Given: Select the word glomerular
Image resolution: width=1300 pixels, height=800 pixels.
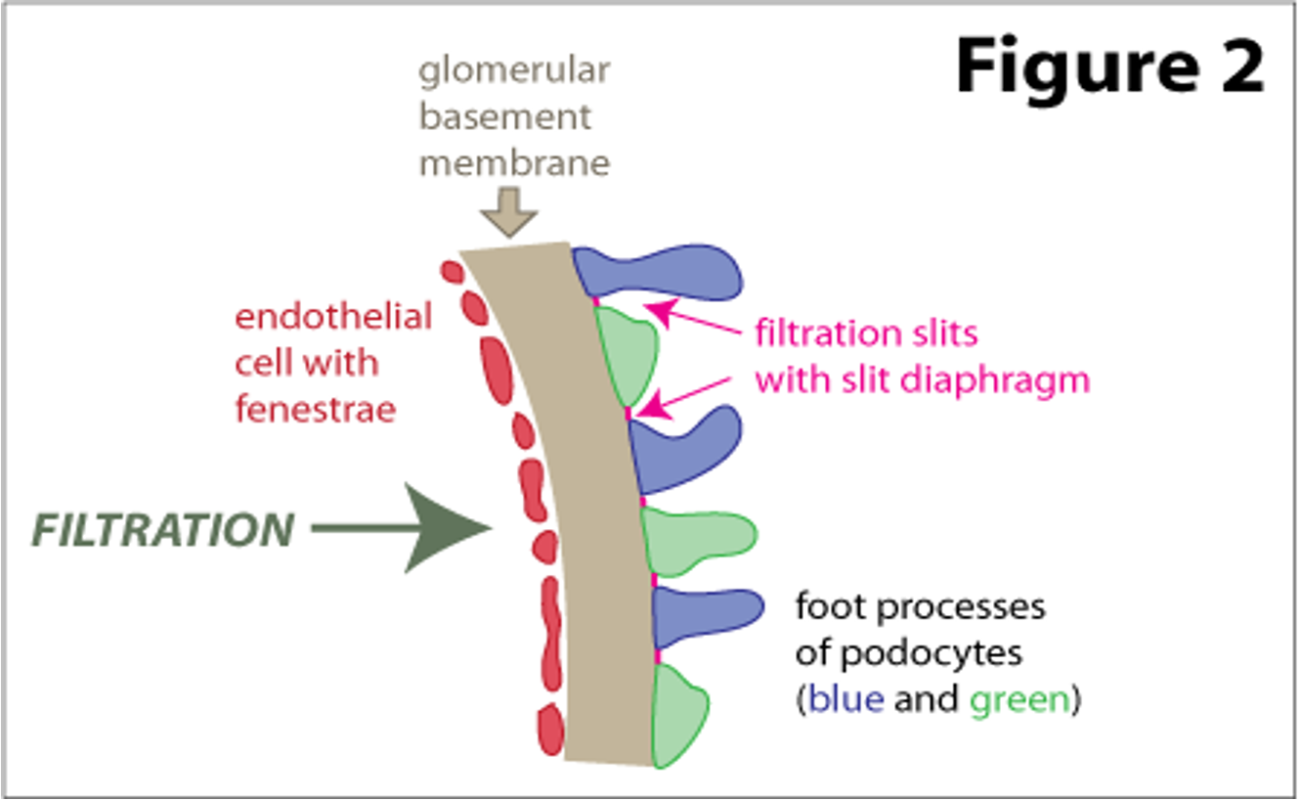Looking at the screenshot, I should pos(514,71).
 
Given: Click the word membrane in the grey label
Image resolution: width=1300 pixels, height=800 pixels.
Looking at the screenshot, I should pos(514,161).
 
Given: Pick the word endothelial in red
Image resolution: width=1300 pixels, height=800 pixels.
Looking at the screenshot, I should pos(333,317).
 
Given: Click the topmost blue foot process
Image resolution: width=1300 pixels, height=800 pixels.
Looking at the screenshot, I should pos(665,271).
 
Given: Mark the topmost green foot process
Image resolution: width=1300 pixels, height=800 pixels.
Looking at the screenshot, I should pos(627,354).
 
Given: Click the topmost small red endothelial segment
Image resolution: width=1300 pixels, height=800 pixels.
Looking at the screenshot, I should pos(451,271).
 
